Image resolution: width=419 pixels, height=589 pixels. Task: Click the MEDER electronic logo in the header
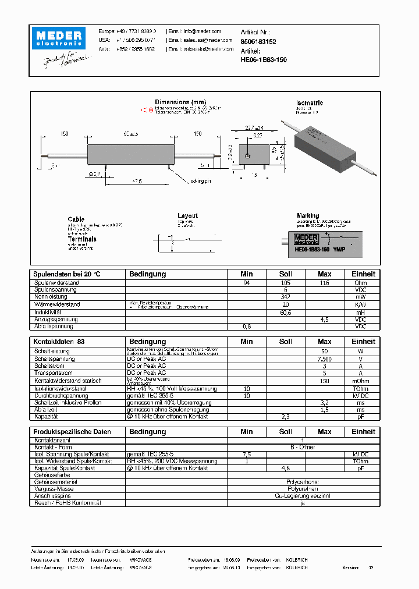(x=59, y=38)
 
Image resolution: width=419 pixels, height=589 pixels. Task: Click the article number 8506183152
(x=258, y=42)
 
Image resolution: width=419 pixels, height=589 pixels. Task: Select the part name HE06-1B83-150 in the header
(x=263, y=60)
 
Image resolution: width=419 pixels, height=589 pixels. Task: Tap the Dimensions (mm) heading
(x=180, y=102)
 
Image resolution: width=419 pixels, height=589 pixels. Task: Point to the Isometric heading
(x=310, y=103)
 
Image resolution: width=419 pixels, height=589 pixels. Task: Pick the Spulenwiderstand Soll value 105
(x=285, y=283)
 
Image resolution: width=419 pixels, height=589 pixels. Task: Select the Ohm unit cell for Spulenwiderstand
(x=361, y=283)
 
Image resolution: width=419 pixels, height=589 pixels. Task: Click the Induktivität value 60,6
(x=285, y=313)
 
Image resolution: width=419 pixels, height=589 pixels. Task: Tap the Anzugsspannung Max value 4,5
(x=325, y=320)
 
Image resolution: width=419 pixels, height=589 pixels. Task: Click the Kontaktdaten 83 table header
(x=59, y=342)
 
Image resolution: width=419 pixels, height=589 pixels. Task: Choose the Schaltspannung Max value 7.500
(x=325, y=359)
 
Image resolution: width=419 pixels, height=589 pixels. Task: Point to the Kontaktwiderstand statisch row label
(x=68, y=381)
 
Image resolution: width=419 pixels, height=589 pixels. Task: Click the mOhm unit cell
(x=361, y=381)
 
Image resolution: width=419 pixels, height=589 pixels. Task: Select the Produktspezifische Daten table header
(x=72, y=432)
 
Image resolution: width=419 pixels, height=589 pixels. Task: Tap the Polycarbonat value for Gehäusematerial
(x=302, y=482)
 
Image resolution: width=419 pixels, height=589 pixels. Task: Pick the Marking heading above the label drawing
(x=308, y=215)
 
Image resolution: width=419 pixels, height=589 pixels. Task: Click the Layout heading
(x=187, y=215)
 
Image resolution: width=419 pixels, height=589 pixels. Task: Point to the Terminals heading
(x=82, y=239)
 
